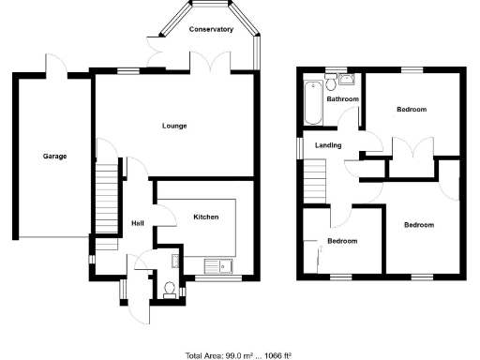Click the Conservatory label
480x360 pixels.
click(x=211, y=30)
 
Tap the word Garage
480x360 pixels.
click(x=54, y=156)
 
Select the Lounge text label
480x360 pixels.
click(x=174, y=126)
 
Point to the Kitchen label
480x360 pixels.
click(x=206, y=217)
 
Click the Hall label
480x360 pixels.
click(x=138, y=223)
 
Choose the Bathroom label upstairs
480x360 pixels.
click(x=342, y=98)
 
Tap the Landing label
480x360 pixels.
click(x=328, y=145)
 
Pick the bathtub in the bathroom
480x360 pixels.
click(x=310, y=103)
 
